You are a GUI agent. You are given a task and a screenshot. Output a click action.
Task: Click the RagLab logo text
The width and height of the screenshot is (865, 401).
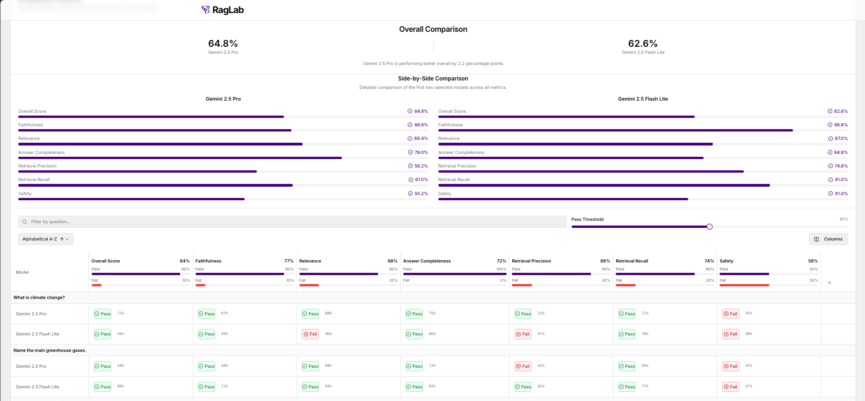click(228, 10)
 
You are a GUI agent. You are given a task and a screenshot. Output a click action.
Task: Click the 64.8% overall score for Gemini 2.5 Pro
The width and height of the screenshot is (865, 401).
click(223, 44)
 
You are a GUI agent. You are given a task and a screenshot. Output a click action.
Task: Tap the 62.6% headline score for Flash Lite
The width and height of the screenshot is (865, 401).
click(642, 44)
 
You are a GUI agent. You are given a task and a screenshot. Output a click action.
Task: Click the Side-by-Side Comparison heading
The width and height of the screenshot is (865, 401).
click(433, 79)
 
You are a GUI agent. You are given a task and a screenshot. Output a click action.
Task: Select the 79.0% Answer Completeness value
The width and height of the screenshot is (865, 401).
click(421, 153)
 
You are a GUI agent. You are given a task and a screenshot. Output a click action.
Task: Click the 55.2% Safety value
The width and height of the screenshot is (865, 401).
click(421, 194)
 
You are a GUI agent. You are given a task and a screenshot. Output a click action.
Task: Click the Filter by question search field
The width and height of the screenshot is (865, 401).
click(292, 222)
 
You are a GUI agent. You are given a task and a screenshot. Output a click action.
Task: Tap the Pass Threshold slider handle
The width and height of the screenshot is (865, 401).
click(709, 227)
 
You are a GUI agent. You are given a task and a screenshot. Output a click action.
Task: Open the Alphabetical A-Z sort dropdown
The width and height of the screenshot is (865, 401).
click(45, 239)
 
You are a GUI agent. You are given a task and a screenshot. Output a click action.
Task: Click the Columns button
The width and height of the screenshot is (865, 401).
click(828, 239)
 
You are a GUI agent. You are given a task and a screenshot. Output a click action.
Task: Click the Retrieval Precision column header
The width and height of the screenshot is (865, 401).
click(531, 261)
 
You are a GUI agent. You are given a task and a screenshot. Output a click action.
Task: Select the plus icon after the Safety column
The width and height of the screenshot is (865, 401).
click(829, 283)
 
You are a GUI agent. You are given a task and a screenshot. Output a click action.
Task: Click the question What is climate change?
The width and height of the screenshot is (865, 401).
click(39, 298)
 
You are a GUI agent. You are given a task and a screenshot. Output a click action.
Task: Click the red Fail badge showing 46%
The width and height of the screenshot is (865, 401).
click(310, 334)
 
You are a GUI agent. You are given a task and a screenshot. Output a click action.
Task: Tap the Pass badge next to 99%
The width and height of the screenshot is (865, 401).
click(206, 334)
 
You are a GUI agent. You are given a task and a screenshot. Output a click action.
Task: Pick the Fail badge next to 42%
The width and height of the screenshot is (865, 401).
click(523, 366)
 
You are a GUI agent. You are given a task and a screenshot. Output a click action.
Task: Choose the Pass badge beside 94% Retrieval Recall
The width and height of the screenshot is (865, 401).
click(626, 366)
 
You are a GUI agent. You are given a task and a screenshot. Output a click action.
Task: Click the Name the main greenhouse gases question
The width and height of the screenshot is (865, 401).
click(50, 350)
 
